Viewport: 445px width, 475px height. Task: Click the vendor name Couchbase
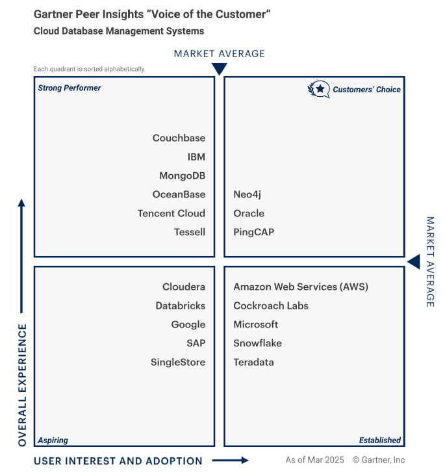coord(179,138)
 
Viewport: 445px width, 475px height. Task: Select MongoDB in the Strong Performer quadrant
coord(182,175)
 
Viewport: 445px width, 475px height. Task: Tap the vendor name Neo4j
coord(247,194)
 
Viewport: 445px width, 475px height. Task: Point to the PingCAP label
coord(253,232)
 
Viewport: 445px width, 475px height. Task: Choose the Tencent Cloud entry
coord(171,213)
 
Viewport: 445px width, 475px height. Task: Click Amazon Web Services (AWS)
coord(300,287)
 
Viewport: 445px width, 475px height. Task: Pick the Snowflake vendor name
coord(257,343)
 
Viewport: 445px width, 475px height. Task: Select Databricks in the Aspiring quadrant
coord(180,305)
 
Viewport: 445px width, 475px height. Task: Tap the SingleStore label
coord(177,362)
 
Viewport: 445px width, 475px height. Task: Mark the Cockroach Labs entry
coord(270,305)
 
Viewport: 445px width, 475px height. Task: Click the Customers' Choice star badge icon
coord(318,89)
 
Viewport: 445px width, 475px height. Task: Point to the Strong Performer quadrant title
coord(70,88)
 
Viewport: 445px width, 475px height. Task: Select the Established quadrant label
coord(379,440)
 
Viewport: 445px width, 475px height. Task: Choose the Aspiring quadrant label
coord(53,440)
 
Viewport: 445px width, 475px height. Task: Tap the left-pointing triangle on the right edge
coord(414,261)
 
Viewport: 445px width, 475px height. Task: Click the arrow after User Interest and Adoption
coord(231,461)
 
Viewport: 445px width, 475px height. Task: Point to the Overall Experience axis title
coord(22,385)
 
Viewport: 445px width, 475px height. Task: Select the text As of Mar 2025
coord(314,460)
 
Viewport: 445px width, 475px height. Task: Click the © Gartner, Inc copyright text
coord(379,460)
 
